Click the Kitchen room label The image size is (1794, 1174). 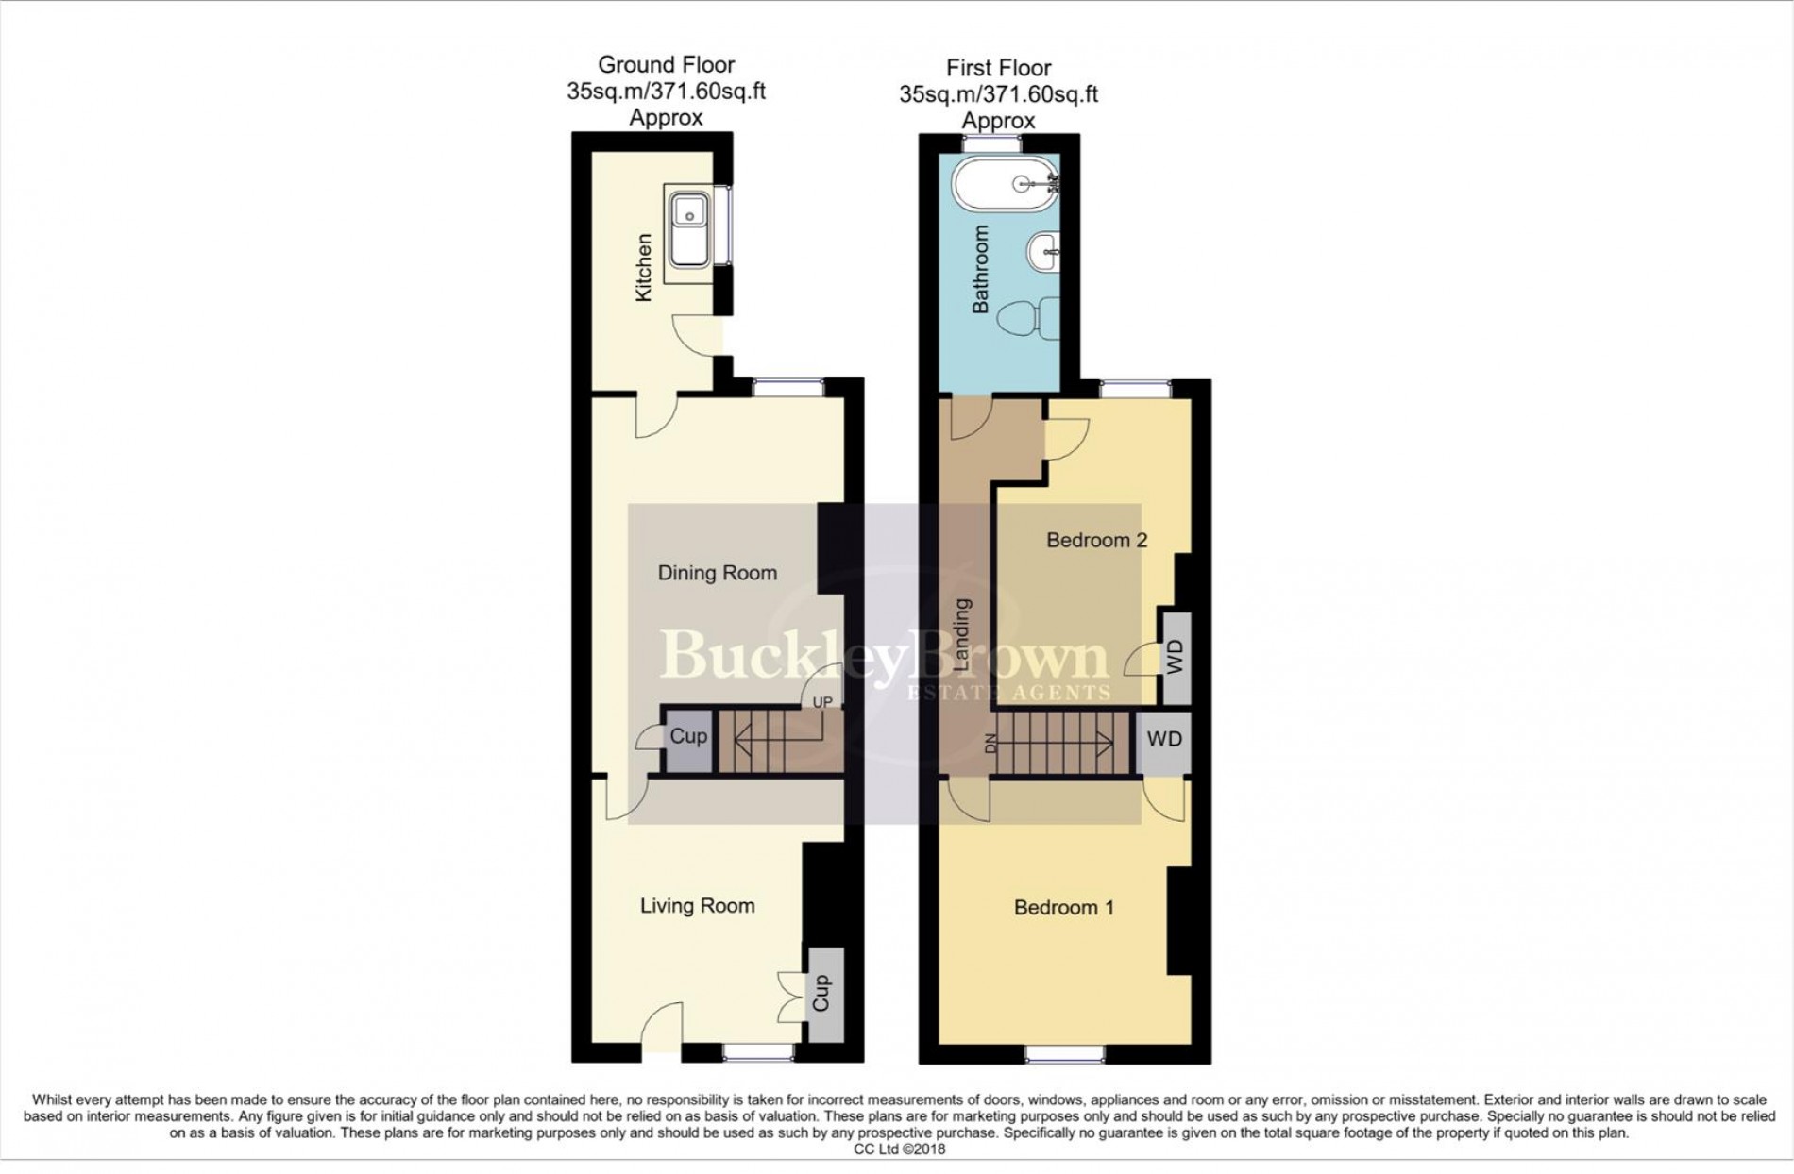pos(643,268)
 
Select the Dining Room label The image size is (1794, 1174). pos(718,573)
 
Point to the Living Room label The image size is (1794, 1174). pos(698,906)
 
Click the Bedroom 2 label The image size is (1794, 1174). pos(1097,541)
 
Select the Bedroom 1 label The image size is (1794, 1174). pos(1064,908)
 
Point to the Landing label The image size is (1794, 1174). pos(962,634)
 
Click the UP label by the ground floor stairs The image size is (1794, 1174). pos(822,703)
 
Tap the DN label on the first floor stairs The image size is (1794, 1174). pos(990,744)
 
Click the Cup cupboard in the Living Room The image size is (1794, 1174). pos(821,994)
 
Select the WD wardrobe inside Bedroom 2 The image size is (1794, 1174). pos(1175,658)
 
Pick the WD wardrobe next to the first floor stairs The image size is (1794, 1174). pos(1163,739)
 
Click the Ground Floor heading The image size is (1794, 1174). pos(667,65)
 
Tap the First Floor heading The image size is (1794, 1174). pos(999,68)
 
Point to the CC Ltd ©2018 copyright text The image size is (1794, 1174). pos(899,1149)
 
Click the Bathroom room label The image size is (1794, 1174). pos(980,269)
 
